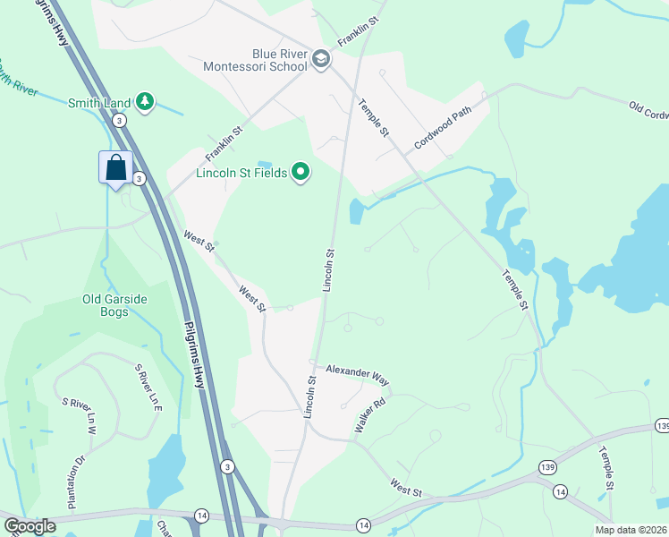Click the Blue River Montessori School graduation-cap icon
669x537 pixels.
(321, 59)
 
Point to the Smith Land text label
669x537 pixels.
(99, 103)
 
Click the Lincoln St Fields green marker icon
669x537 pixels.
(301, 172)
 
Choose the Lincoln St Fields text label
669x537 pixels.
(243, 172)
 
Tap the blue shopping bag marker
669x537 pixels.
(116, 167)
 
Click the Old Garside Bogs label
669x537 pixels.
(115, 305)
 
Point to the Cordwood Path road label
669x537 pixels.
(442, 130)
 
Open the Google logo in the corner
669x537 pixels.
(30, 526)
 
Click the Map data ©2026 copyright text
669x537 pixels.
(631, 530)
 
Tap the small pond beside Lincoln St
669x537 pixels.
(356, 212)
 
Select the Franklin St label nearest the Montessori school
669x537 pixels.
(359, 31)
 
